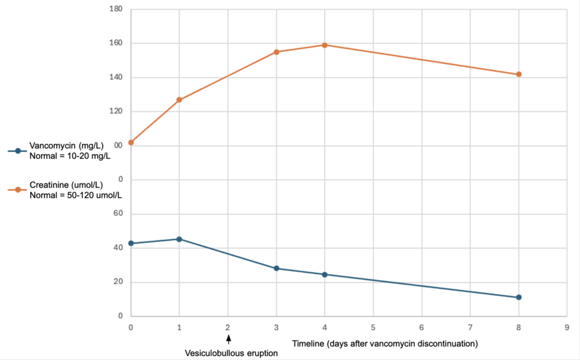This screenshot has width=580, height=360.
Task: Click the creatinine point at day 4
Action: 325,45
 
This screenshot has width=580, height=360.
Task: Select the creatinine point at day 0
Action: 131,142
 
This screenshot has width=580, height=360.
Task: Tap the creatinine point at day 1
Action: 179,100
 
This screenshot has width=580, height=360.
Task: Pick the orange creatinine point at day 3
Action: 276,52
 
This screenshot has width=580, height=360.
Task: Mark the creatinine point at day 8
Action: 519,74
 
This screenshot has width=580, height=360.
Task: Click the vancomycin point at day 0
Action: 131,244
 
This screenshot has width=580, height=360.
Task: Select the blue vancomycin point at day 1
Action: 179,239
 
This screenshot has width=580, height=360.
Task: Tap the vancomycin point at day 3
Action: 276,269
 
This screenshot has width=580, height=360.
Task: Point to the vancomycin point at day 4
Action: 325,275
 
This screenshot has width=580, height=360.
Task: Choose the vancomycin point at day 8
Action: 519,298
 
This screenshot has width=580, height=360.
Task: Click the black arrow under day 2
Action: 228,339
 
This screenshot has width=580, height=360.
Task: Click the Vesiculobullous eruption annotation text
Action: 231,354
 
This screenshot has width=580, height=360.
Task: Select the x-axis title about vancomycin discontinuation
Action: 385,344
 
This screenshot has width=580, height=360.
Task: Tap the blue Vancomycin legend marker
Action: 18,151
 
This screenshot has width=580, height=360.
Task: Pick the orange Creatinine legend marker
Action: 18,190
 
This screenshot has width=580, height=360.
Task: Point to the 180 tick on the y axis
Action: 116,9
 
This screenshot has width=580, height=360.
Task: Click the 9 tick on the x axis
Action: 567,328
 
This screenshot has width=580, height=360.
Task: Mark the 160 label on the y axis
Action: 116,43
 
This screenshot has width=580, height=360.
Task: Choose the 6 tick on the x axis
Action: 422,328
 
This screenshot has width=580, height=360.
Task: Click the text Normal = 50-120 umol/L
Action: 75,195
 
